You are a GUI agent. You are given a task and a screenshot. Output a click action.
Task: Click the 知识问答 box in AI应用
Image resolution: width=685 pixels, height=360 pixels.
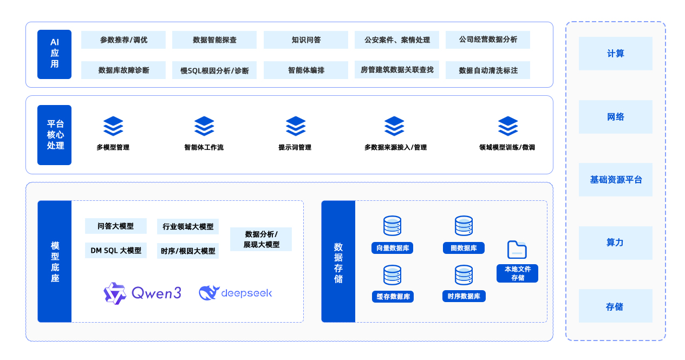coord(305,40)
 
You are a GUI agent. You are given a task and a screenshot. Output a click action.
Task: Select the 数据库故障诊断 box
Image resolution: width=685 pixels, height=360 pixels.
coord(123,70)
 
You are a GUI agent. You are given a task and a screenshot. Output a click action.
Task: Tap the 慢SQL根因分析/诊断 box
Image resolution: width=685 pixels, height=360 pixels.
coord(214,70)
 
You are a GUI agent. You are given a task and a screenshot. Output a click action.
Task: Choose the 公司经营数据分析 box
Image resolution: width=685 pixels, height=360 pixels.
coord(487,40)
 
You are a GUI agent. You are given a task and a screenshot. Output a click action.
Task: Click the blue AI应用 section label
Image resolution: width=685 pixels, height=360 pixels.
coord(54,54)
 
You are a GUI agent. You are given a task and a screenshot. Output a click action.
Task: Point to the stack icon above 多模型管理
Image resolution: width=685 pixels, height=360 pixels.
coord(113,126)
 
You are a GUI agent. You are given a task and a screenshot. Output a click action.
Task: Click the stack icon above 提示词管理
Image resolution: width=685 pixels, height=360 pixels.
coord(296,126)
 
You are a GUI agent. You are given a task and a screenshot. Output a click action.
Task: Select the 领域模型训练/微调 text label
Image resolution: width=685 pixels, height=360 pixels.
coord(507,147)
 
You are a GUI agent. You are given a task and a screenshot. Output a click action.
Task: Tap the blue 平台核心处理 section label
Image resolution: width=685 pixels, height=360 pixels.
coord(54,135)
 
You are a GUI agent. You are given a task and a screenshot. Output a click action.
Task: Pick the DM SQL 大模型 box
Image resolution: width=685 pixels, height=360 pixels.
coord(116,250)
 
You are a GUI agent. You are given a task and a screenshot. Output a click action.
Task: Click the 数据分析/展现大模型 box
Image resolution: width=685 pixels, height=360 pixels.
coord(261,239)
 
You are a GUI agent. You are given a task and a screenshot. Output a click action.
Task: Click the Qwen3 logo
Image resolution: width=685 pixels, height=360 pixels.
coord(142,293)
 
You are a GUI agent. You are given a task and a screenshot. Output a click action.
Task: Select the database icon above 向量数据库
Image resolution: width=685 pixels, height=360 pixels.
coord(392,226)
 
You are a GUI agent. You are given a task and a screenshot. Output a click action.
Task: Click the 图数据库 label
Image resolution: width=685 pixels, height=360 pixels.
coord(464,248)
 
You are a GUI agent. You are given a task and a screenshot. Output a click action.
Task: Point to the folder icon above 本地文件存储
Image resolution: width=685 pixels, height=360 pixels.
coord(517,250)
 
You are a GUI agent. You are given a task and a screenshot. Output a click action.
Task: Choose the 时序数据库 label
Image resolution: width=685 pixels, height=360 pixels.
coord(464,296)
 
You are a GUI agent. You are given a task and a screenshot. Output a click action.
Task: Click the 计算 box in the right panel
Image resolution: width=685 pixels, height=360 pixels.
coord(615,54)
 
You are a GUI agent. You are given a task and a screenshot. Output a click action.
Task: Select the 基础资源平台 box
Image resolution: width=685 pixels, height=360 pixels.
coord(615,180)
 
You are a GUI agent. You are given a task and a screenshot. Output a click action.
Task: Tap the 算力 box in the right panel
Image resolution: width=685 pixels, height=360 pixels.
coord(615,243)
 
